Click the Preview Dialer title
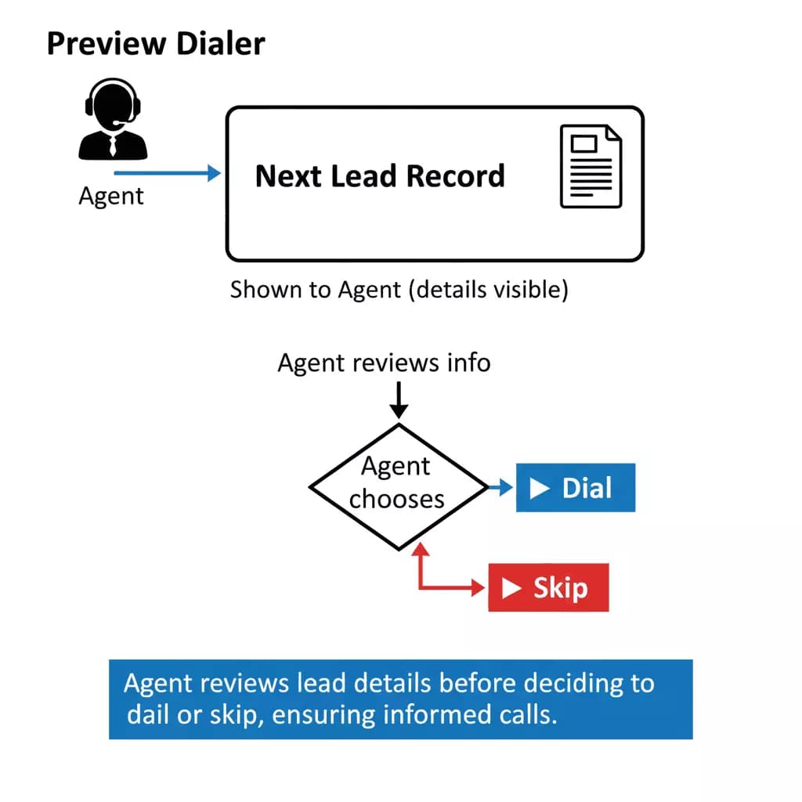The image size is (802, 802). pyautogui.click(x=156, y=44)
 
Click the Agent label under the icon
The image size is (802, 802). pyautogui.click(x=111, y=195)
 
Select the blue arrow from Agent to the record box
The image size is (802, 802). pyautogui.click(x=168, y=173)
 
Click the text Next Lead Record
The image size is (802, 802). pyautogui.click(x=380, y=176)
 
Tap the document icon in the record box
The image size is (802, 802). pyautogui.click(x=591, y=166)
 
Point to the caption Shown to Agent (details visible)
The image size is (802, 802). pyautogui.click(x=399, y=290)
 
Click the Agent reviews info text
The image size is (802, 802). pyautogui.click(x=384, y=363)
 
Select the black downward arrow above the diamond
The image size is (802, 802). pyautogui.click(x=399, y=399)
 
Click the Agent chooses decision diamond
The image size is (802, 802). pyautogui.click(x=399, y=486)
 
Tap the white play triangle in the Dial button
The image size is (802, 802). pyautogui.click(x=540, y=489)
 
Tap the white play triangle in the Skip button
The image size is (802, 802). pyautogui.click(x=511, y=588)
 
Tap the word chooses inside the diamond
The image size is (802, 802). pyautogui.click(x=396, y=500)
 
